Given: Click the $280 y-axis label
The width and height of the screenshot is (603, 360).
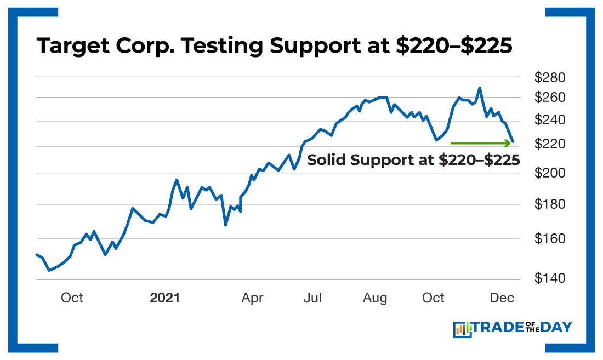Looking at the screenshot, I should (x=550, y=77).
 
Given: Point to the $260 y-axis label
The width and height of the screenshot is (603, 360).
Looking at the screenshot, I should (x=550, y=98).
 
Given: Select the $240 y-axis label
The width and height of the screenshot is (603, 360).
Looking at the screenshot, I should (x=550, y=121).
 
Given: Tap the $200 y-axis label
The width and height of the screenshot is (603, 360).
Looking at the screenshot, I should (x=550, y=173).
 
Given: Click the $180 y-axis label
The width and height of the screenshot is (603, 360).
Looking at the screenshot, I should (x=550, y=204).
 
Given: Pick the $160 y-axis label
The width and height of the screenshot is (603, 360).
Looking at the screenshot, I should (x=550, y=239).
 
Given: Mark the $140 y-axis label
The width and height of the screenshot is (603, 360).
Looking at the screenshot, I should (x=550, y=279).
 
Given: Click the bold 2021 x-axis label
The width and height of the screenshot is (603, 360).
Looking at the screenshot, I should (x=165, y=298).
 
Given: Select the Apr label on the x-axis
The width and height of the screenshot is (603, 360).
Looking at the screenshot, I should (x=252, y=298).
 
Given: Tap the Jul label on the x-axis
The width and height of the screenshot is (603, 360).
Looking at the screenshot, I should (x=312, y=298).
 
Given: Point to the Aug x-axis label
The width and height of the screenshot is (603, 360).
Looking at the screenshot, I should (x=375, y=298).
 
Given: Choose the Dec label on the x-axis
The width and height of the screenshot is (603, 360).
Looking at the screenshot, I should (x=502, y=298).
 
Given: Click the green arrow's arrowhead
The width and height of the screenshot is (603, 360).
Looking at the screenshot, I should (x=507, y=143).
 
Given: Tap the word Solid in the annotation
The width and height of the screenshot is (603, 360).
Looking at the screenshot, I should (x=327, y=161).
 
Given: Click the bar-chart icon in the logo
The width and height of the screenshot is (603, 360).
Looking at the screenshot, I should (x=462, y=329).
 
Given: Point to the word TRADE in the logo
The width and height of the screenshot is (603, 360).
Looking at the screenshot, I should (x=496, y=328).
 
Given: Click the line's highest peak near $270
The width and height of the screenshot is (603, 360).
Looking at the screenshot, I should (x=480, y=88).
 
